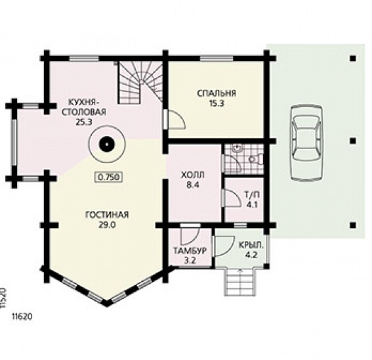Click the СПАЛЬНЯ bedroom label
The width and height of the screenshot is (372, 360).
tap(217, 93)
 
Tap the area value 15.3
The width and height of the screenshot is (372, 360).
tap(217, 104)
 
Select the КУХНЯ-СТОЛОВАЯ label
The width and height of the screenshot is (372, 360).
tap(84, 107)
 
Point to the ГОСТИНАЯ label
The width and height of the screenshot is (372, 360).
tap(107, 215)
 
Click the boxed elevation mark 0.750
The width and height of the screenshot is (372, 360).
tap(109, 177)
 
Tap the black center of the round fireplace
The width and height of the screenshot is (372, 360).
tap(107, 145)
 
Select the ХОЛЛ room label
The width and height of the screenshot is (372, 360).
tap(193, 175)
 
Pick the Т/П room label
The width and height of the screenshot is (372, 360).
tap(252, 195)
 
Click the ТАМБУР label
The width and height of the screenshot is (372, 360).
tap(190, 251)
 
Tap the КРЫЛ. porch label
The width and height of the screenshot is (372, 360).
tap(251, 246)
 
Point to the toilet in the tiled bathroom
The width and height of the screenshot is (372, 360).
tap(257, 159)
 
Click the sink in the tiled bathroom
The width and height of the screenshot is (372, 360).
tap(238, 148)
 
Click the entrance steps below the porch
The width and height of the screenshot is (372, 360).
tap(240, 282)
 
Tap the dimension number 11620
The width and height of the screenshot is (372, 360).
tap(22, 317)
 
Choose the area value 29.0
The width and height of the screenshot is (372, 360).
tap(107, 225)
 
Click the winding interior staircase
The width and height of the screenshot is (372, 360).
tap(140, 82)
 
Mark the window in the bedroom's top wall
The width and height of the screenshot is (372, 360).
tap(217, 58)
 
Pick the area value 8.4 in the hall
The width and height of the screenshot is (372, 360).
tap(193, 185)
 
